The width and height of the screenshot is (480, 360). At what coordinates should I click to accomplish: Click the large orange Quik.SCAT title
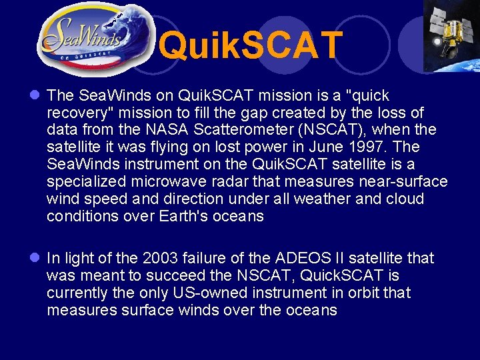pos(252,45)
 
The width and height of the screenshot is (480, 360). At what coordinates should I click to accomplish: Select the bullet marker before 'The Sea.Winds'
pos(35,96)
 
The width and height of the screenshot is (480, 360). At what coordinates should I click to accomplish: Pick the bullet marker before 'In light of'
pos(35,258)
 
